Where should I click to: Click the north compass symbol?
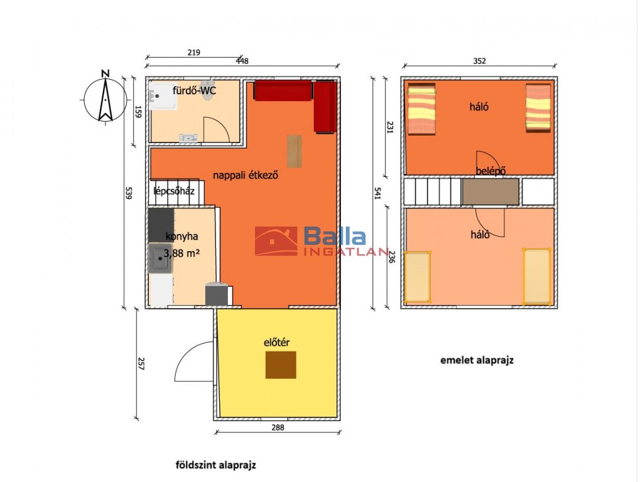pos(105,99)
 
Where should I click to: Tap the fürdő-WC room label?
pos(194,90)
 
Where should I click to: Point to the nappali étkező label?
pos(246,176)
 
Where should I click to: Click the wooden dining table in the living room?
pos(294,151)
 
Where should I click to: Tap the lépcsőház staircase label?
pos(174,191)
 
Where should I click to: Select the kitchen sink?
pos(160,258)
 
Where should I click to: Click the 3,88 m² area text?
pos(181,254)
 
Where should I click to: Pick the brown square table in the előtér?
pos(281,365)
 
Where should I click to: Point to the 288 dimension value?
pos(278,427)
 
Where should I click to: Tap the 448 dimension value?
pos(242,61)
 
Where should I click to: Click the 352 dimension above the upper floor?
pos(479,61)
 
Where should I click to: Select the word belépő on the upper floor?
pos(490,171)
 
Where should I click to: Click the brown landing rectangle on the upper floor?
pos(491,191)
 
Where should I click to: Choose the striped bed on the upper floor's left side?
pos(421,109)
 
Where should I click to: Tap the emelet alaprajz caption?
pos(477,360)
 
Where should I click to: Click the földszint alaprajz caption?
pos(216,465)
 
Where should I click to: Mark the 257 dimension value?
pos(141,364)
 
